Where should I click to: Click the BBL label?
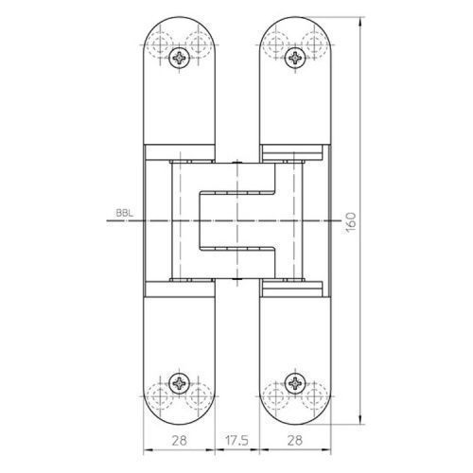point(125,213)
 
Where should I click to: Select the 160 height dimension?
point(351,222)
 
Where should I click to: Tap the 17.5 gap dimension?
point(236,440)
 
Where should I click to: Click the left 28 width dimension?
point(179,440)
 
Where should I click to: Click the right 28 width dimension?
point(295,440)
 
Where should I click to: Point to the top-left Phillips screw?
point(179,58)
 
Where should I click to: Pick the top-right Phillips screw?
point(295,58)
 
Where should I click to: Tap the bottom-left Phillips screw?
point(179,383)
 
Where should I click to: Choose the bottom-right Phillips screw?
point(295,383)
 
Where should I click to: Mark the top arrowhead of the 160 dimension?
point(360,22)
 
